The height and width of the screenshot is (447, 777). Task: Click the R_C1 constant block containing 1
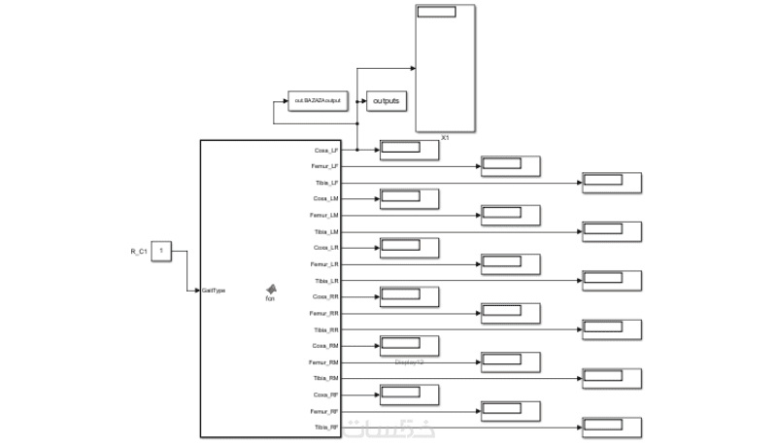pos(163,252)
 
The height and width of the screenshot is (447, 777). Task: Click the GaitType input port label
pos(214,290)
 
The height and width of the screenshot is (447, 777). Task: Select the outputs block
pos(386,100)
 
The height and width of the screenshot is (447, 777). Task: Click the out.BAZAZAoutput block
pos(318,100)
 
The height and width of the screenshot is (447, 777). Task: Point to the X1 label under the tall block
pos(445,138)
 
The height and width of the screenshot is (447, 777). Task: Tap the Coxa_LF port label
pos(325,151)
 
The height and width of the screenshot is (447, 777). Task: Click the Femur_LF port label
pos(324,166)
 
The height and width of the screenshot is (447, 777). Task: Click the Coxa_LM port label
pos(325,198)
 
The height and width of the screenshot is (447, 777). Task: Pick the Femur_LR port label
pos(324,264)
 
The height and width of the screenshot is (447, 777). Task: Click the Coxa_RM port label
pos(325,346)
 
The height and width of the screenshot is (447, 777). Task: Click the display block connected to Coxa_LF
pos(409,150)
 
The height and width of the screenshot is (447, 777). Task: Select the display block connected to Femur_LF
pos(511,166)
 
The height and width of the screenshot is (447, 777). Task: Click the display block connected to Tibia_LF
pos(611,183)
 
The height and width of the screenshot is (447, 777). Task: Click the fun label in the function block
pos(271,298)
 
